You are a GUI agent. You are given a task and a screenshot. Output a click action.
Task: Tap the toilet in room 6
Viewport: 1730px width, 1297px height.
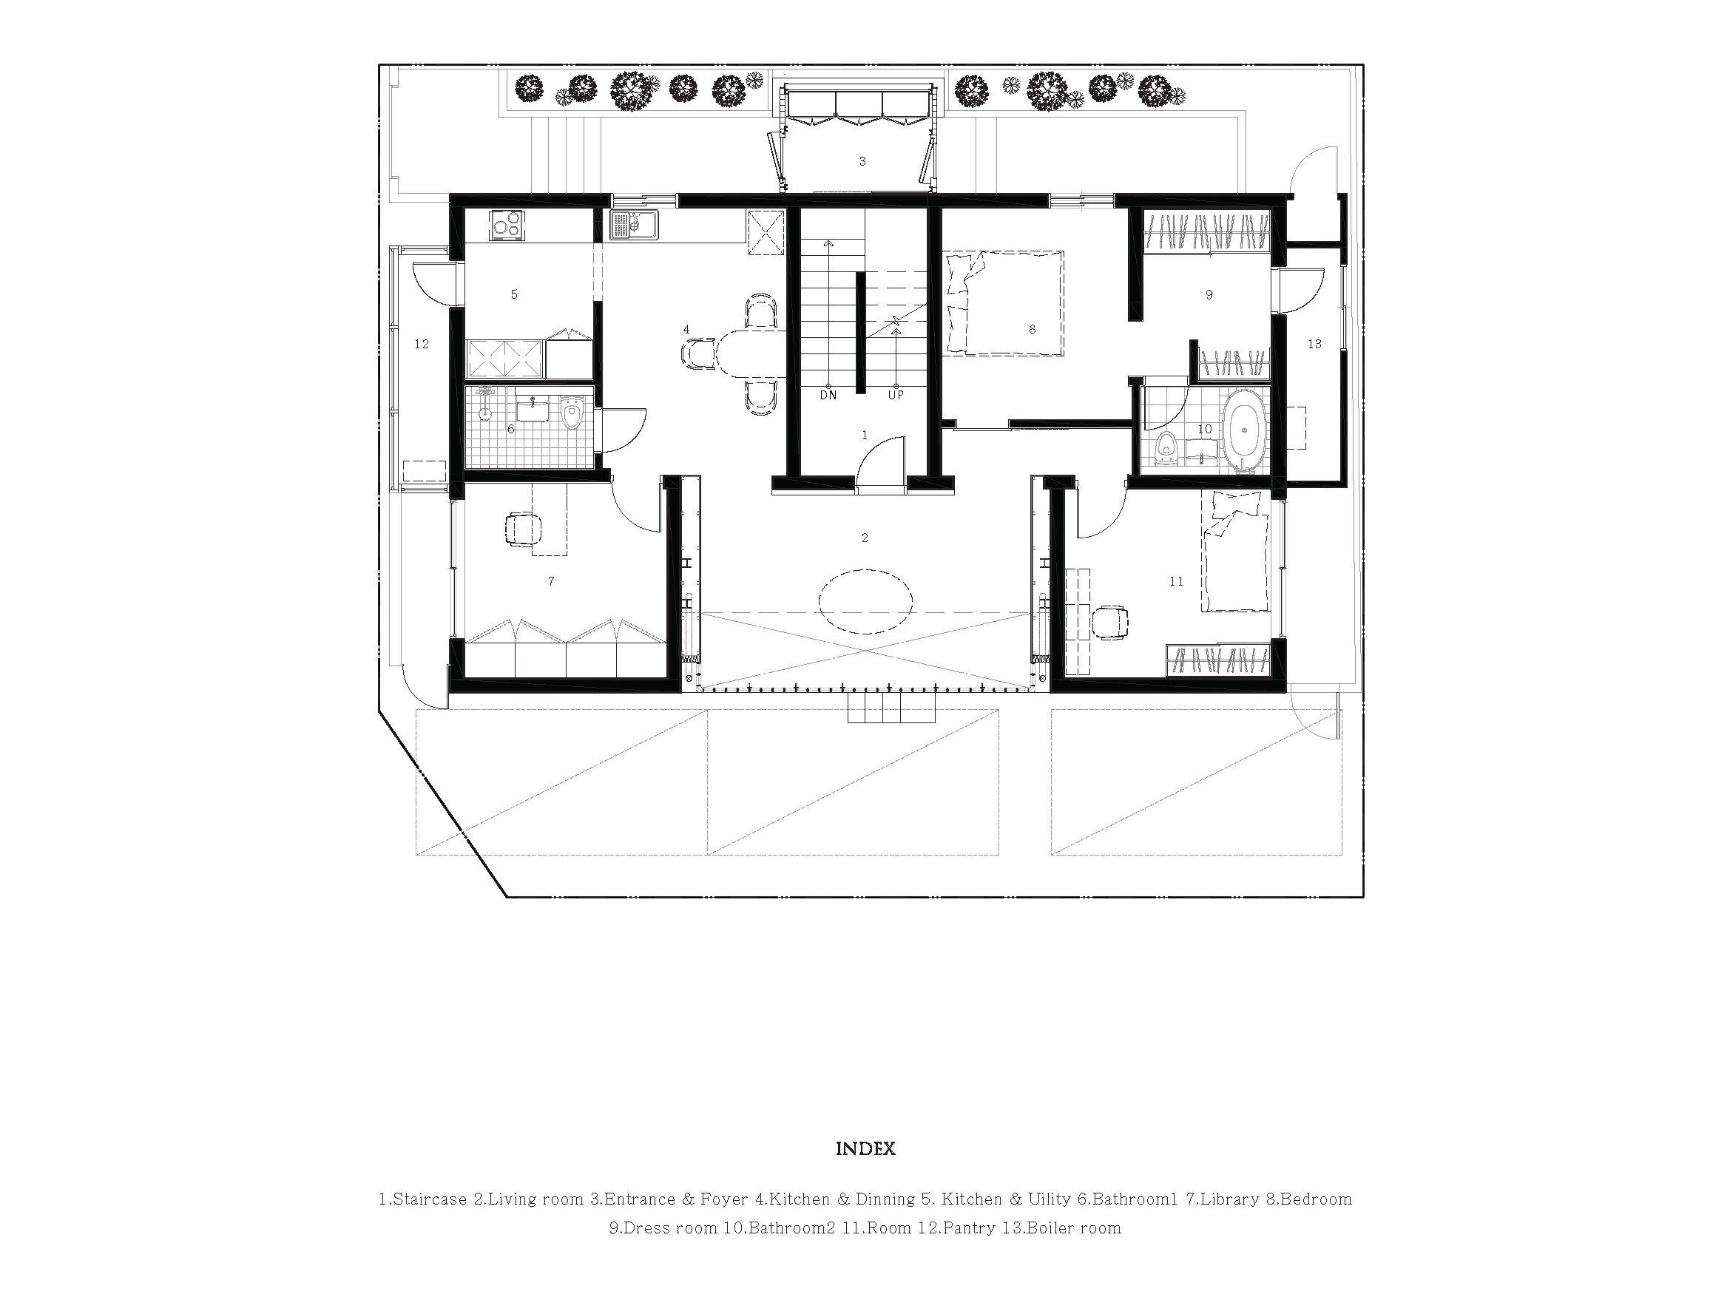click(x=572, y=413)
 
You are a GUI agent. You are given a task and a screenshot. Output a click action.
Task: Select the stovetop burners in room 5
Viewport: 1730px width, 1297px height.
click(x=507, y=227)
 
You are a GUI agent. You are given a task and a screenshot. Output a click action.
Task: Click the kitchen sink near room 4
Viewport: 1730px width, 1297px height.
click(x=635, y=226)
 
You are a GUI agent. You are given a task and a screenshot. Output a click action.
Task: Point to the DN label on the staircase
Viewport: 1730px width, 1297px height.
click(x=828, y=396)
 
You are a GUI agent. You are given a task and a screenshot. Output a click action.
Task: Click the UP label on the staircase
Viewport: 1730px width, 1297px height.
click(x=896, y=396)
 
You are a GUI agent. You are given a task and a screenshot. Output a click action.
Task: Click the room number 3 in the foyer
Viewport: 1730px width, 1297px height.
click(x=862, y=162)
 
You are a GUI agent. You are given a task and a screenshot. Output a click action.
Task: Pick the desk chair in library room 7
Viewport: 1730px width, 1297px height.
click(x=524, y=529)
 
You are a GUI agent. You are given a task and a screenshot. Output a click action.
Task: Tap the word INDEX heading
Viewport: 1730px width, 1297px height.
click(x=865, y=1149)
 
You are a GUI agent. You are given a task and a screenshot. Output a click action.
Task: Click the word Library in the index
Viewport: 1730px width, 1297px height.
click(x=1229, y=1199)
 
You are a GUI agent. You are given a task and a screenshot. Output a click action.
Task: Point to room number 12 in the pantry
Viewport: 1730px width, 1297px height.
click(x=422, y=344)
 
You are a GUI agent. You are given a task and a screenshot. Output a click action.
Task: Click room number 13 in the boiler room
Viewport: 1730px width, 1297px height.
click(x=1314, y=344)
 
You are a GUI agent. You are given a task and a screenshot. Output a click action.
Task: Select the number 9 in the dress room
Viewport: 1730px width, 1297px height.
click(x=1209, y=295)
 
